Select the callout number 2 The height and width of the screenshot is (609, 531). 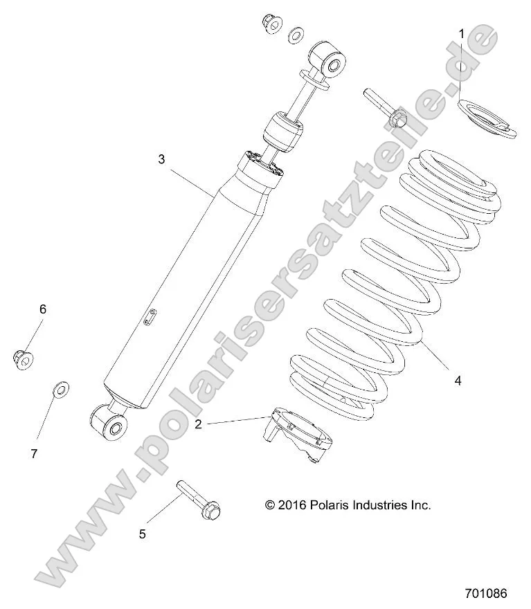198,424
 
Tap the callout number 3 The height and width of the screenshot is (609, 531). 161,159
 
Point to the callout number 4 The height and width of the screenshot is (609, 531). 458,380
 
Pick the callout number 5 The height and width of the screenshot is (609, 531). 143,534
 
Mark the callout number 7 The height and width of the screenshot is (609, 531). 33,454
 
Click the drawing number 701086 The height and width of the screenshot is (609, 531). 487,593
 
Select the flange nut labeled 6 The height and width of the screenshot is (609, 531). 23,357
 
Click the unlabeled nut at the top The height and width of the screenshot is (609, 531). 271,24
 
